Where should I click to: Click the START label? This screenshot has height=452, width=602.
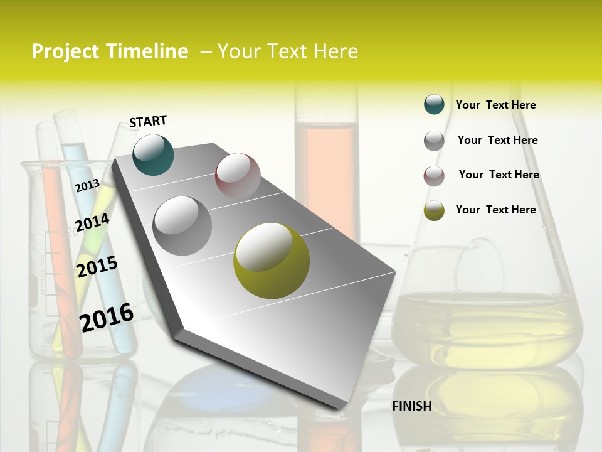tap(148, 121)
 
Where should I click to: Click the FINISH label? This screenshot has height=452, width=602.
tap(411, 406)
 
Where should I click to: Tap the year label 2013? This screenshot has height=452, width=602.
tap(87, 185)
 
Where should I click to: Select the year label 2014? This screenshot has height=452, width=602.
tap(92, 223)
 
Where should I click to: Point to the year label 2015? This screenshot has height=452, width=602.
tap(97, 267)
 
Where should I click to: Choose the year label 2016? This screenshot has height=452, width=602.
tap(107, 317)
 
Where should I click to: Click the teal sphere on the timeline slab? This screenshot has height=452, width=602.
tap(154, 154)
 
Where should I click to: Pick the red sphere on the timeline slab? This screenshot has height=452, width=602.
tap(238, 176)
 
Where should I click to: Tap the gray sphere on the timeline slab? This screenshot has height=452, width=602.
tap(182, 225)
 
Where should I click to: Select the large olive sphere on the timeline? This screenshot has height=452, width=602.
tap(272, 261)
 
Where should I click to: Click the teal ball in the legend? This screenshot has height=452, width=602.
tap(434, 105)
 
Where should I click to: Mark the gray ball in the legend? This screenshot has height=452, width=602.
tap(434, 141)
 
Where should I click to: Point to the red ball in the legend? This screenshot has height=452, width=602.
tap(434, 176)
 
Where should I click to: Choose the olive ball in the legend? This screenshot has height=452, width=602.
tap(434, 210)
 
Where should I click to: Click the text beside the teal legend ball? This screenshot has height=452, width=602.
tap(495, 105)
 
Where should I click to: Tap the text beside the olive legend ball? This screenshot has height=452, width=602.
tap(495, 210)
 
